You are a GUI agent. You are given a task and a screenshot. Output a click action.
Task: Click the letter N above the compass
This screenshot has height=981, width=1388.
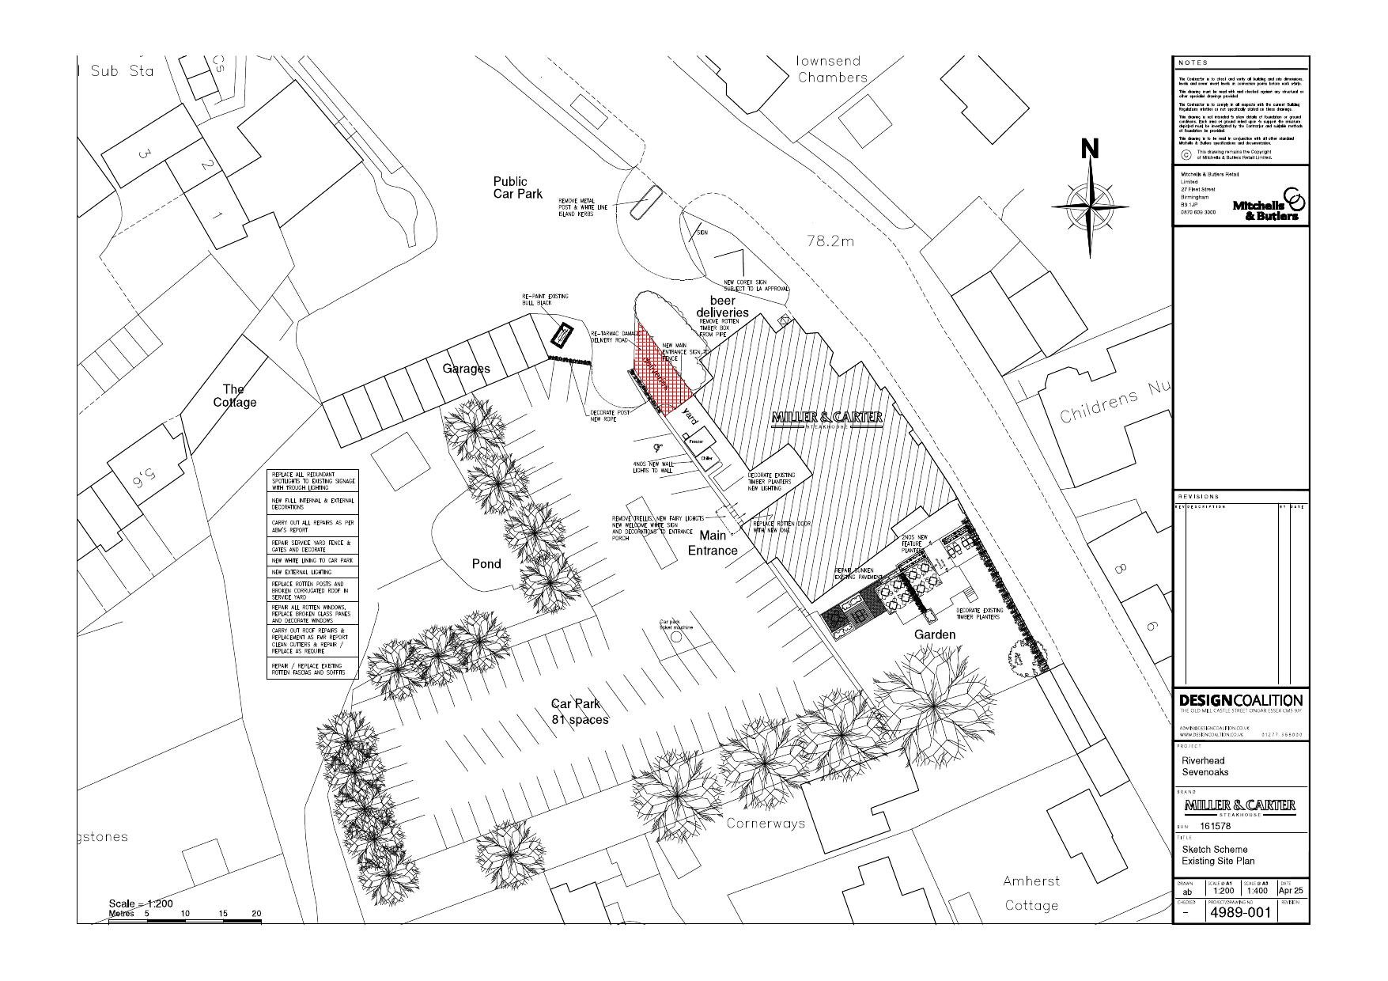[1090, 149]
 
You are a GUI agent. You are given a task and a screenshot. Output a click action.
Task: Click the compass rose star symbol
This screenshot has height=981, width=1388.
[1091, 206]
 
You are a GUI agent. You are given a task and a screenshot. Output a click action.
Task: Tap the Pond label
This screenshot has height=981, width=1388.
[486, 564]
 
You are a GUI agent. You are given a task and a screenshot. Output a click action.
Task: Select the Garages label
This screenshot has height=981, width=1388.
[466, 369]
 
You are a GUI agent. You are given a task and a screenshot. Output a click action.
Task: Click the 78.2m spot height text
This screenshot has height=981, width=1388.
[830, 241]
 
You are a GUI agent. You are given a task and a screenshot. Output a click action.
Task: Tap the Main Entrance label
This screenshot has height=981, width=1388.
[713, 544]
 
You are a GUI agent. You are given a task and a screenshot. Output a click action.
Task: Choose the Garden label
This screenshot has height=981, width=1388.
[935, 634]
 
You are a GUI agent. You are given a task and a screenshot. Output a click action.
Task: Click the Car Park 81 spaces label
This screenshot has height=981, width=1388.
[580, 711]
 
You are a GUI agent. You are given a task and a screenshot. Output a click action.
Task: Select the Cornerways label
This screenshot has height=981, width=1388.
[766, 824]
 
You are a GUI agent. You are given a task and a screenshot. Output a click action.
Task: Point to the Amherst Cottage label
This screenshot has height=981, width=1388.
[1031, 893]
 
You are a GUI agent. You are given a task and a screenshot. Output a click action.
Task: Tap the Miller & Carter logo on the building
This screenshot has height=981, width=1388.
[826, 419]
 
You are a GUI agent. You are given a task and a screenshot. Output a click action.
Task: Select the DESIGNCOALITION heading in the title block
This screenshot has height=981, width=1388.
[1240, 701]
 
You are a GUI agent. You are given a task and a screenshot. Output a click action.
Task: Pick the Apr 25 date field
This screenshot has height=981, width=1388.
[1291, 891]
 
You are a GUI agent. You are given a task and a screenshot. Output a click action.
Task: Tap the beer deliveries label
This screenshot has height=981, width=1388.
[722, 306]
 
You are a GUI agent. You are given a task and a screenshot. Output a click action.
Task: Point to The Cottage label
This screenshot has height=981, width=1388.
[235, 396]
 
